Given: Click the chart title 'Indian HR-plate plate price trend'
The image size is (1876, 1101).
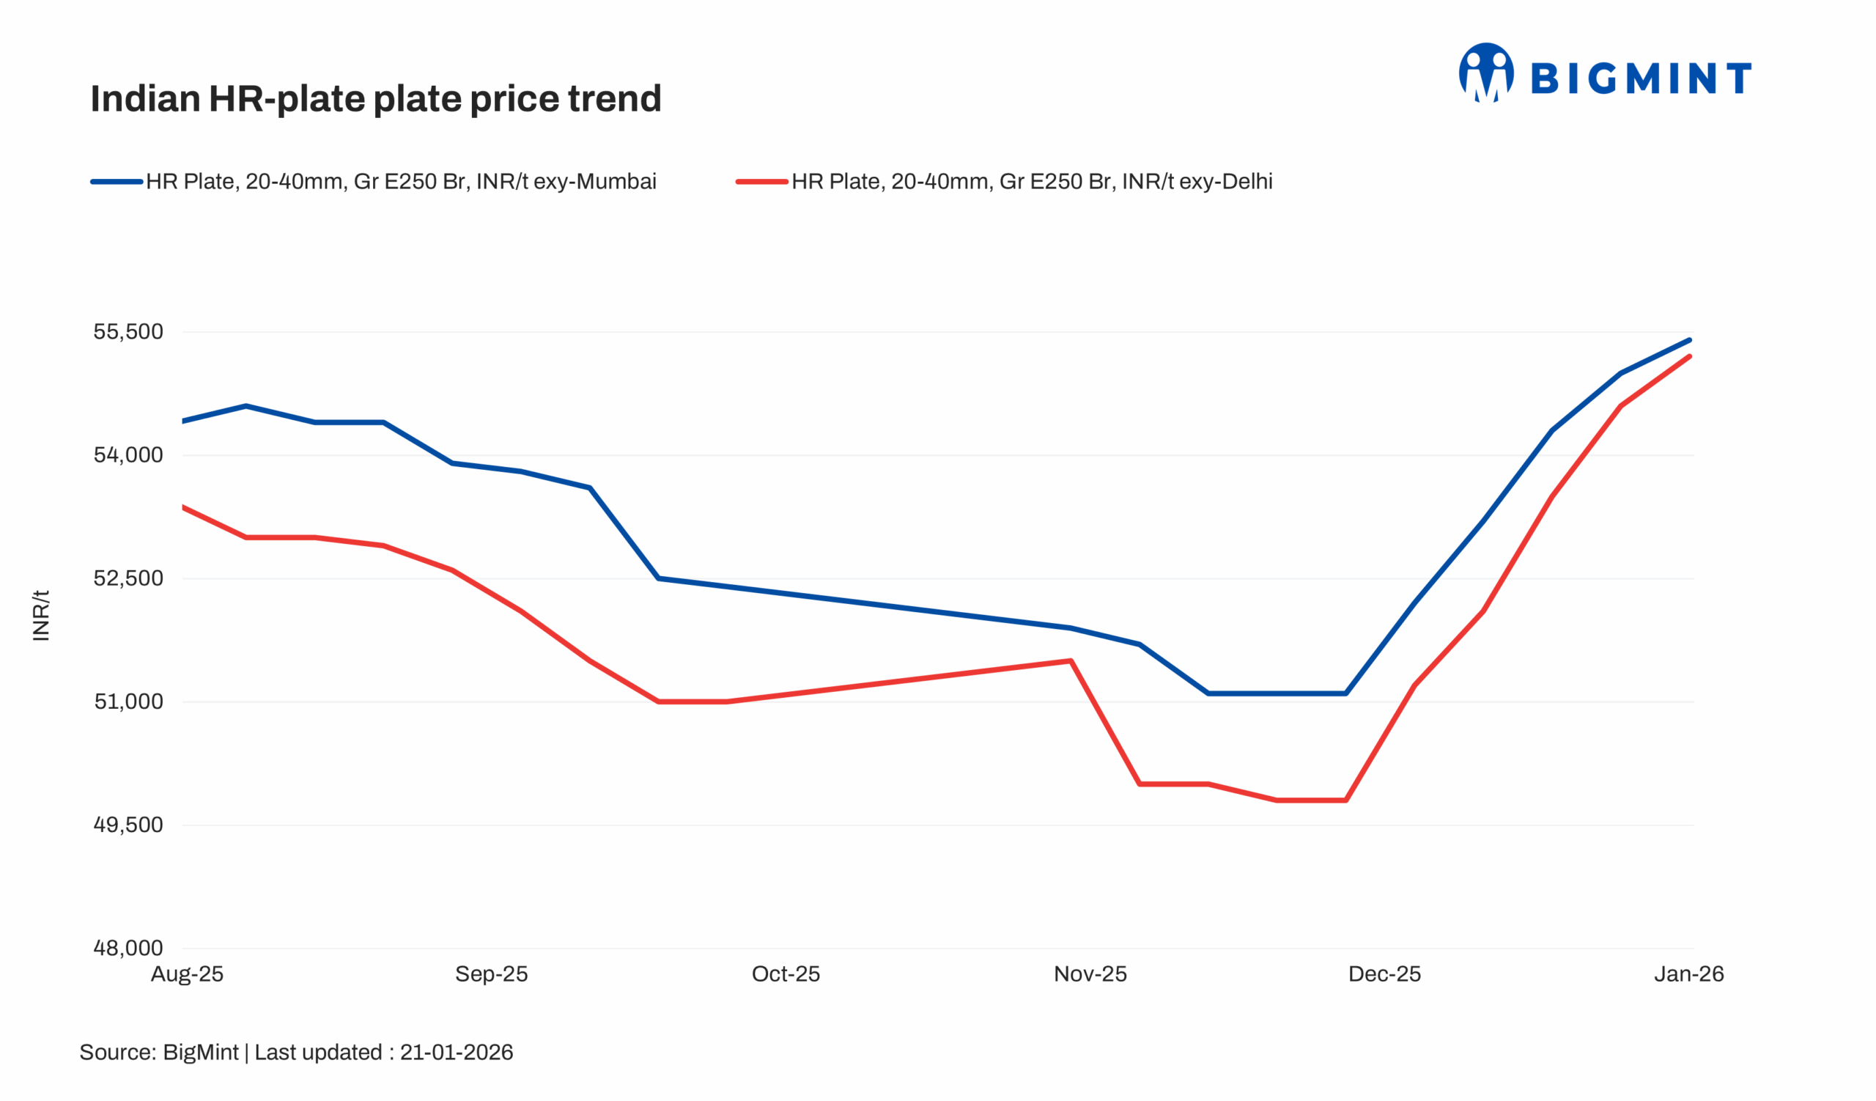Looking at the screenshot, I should pyautogui.click(x=375, y=99).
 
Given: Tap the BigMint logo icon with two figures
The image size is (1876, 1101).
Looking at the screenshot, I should pyautogui.click(x=1486, y=73).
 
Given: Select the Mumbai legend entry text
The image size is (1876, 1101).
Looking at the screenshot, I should pyautogui.click(x=401, y=182).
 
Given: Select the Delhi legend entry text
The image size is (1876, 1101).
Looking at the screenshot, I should pyautogui.click(x=1031, y=182).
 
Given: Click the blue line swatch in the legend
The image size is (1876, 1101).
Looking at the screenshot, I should pyautogui.click(x=116, y=182).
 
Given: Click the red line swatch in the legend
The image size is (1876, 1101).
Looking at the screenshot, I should pyautogui.click(x=761, y=182).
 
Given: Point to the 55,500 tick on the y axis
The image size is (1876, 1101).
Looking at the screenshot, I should pyautogui.click(x=128, y=332).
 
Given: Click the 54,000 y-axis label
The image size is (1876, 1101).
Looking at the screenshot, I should pyautogui.click(x=128, y=455).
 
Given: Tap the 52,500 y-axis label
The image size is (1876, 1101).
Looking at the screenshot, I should pyautogui.click(x=128, y=578).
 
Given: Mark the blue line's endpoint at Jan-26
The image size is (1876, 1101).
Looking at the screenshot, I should pyautogui.click(x=1689, y=340).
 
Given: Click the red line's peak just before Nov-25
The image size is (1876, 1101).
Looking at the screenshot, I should pyautogui.click(x=1071, y=660).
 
